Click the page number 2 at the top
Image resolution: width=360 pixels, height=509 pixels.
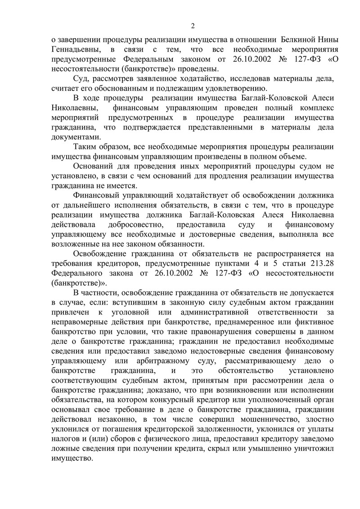[192, 26]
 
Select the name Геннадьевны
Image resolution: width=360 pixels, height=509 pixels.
[74, 49]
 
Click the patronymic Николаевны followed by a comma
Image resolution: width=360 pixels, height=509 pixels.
[74, 108]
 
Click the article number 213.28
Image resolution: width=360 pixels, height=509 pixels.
[319, 263]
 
